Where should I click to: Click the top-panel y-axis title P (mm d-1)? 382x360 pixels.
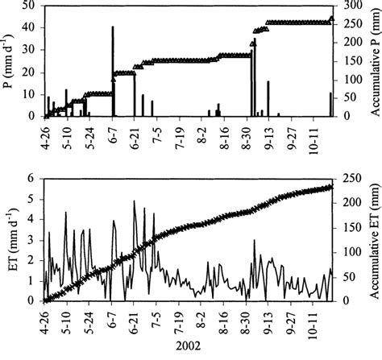pos(10,60)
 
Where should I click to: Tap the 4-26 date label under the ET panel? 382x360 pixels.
pos(44,317)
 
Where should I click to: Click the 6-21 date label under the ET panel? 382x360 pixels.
pos(135,317)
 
